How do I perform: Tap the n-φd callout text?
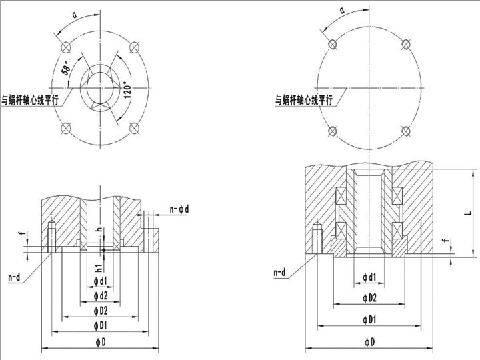(x=179, y=209)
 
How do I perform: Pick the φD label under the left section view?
(x=100, y=342)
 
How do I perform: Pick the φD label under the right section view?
(x=368, y=342)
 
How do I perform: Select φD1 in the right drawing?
(x=368, y=320)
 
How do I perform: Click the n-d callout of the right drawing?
(x=281, y=273)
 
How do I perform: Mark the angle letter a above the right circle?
(x=341, y=11)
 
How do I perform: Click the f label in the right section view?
(x=443, y=240)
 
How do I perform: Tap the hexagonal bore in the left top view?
(x=100, y=87)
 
